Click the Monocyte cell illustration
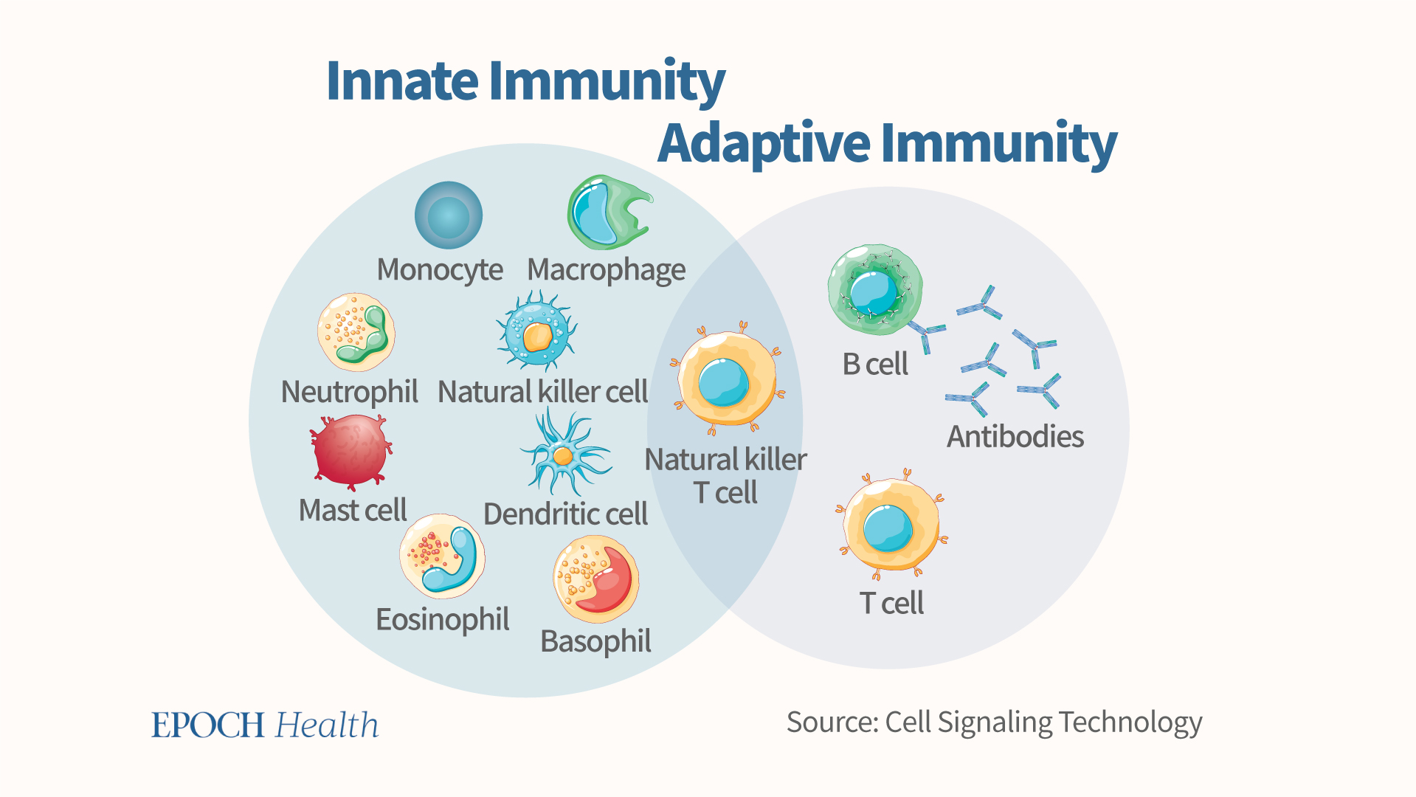tap(449, 215)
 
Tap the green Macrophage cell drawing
tap(605, 213)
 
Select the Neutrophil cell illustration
tap(356, 332)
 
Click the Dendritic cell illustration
tap(563, 455)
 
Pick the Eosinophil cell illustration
tap(442, 556)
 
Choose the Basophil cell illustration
tap(595, 579)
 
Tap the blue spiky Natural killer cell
tap(536, 331)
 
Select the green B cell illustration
tap(874, 290)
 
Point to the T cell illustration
tap(891, 525)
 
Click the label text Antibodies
tap(1015, 437)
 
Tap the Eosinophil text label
tap(442, 620)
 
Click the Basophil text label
tap(595, 642)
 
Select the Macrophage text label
tap(606, 270)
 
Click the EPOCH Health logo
tap(265, 725)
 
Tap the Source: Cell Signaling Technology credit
tap(994, 722)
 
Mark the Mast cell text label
tap(353, 510)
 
